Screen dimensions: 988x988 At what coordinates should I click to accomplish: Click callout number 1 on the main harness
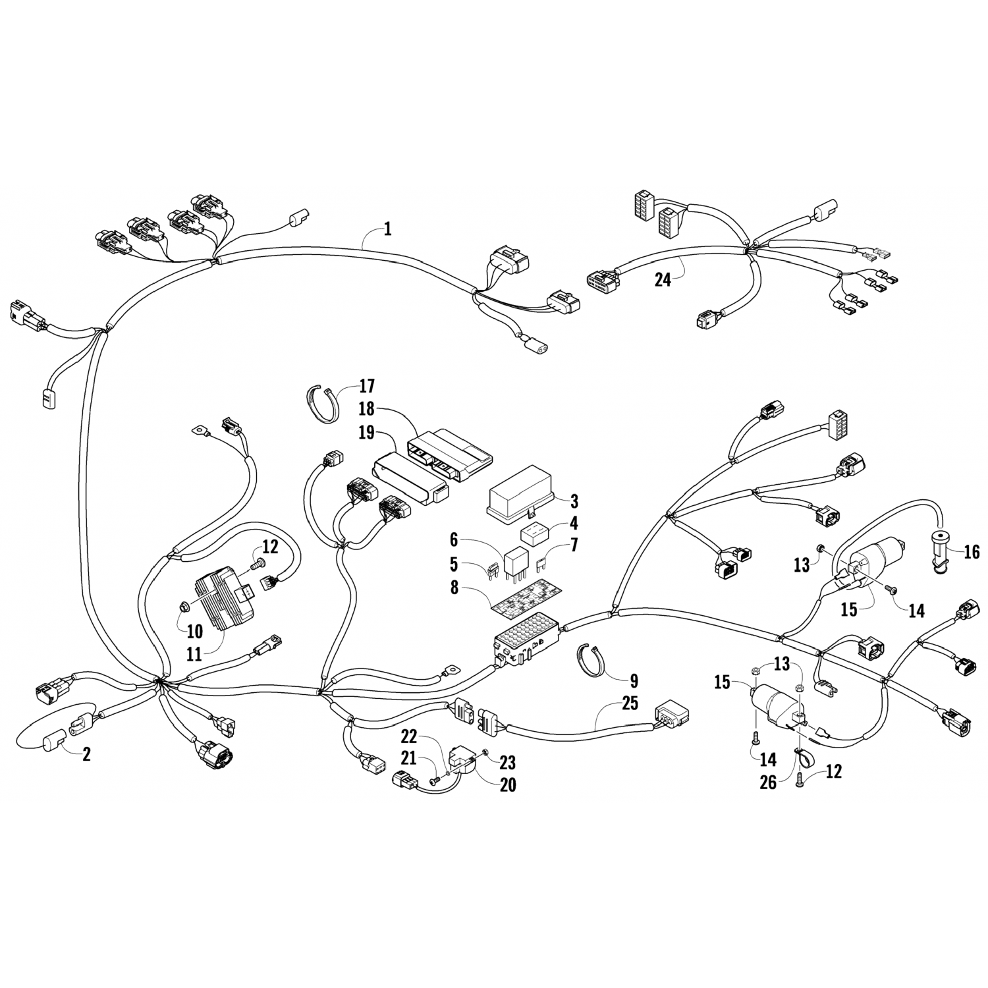[388, 229]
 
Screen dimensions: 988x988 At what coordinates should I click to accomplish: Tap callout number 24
[663, 280]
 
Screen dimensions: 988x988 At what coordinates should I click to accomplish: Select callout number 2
[86, 755]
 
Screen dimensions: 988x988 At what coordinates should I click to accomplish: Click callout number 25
[630, 703]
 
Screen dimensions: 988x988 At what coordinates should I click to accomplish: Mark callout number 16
[972, 552]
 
